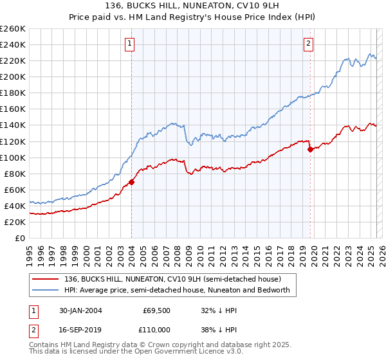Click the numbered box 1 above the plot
coord(129,44)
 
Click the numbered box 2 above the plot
coord(309,44)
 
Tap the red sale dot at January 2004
coord(132,182)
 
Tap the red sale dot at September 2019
coord(310,149)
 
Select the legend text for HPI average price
coord(178,290)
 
